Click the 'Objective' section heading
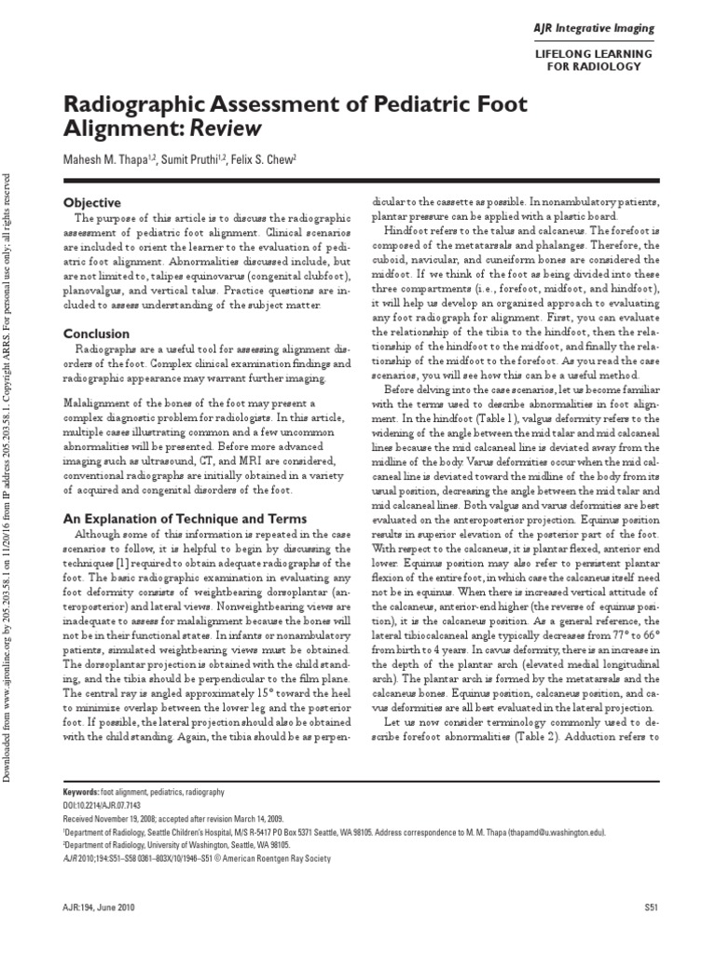tap(91, 203)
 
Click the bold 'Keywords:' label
tap(80, 791)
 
